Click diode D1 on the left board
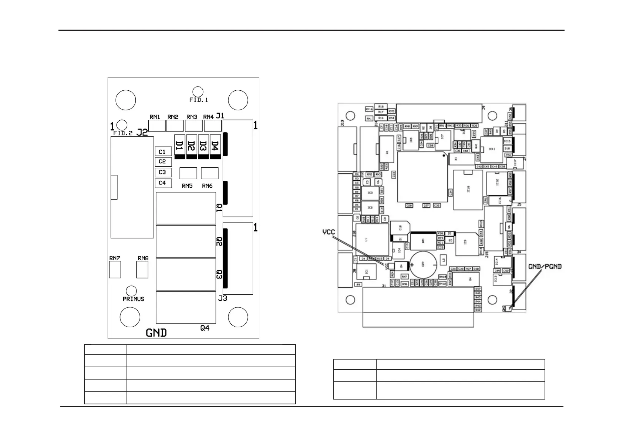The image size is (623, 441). pyautogui.click(x=180, y=147)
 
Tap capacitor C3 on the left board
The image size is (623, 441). pyautogui.click(x=163, y=172)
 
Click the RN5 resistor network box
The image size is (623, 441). pyautogui.click(x=188, y=173)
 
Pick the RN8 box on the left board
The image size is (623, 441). pyautogui.click(x=142, y=270)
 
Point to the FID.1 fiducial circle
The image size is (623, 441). pyautogui.click(x=198, y=91)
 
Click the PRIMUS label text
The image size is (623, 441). pyautogui.click(x=133, y=299)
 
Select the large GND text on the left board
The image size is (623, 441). pyautogui.click(x=156, y=333)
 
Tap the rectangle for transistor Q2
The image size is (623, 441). pyautogui.click(x=186, y=241)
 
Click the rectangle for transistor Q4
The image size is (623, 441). pyautogui.click(x=186, y=307)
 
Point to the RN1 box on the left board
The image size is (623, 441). pyautogui.click(x=157, y=126)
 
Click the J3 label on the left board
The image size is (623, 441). pyautogui.click(x=222, y=298)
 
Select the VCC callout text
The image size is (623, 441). pyautogui.click(x=329, y=232)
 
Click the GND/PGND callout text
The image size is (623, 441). pyautogui.click(x=545, y=266)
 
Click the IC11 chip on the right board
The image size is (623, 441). pyautogui.click(x=492, y=149)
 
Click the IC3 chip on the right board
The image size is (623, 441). pyautogui.click(x=370, y=193)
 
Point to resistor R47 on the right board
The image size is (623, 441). pyautogui.click(x=478, y=289)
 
